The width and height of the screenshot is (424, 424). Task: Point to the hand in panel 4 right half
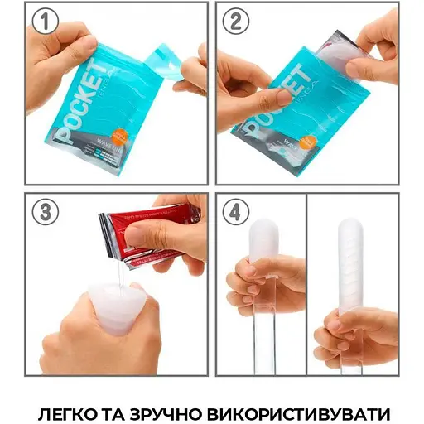point(356,331)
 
